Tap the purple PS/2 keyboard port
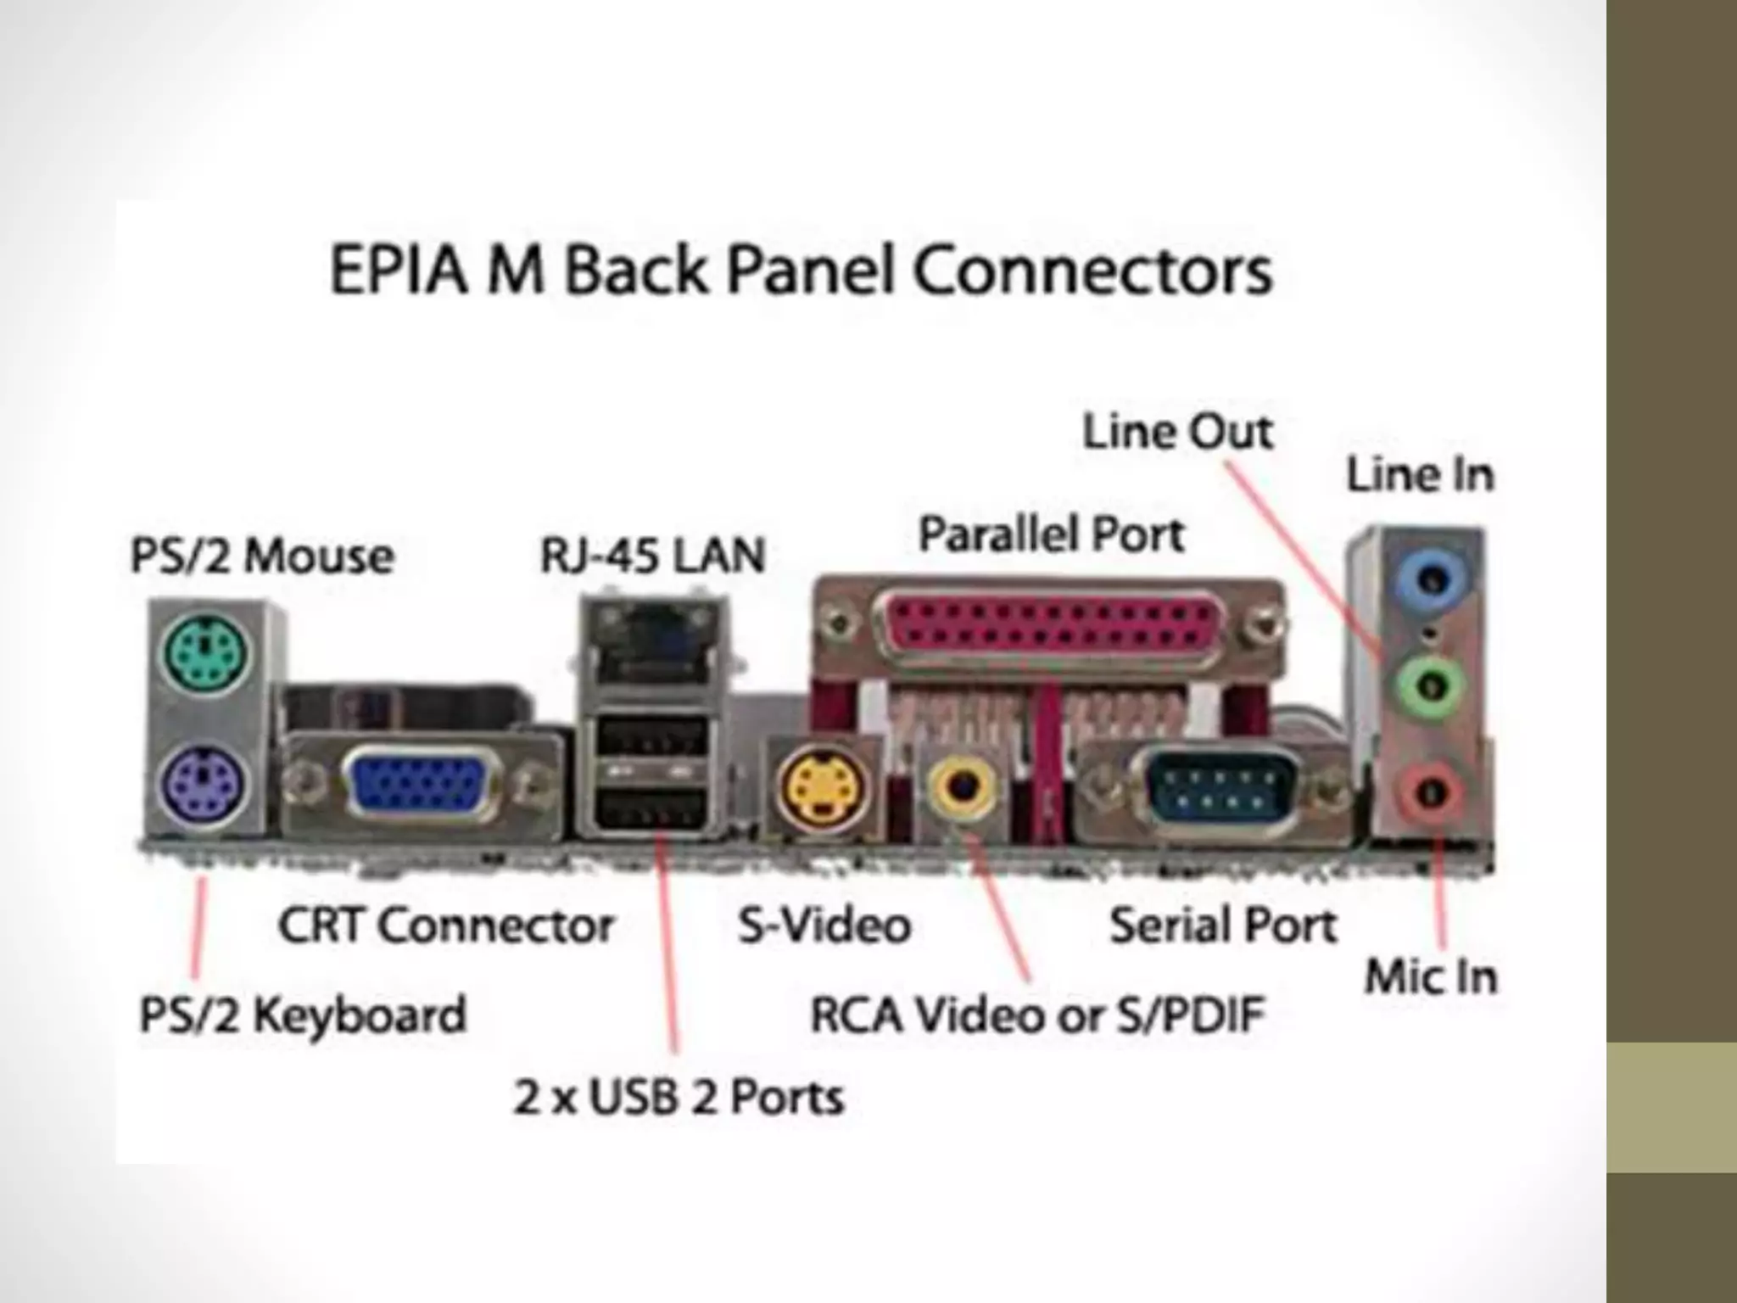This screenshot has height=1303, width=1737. click(x=204, y=785)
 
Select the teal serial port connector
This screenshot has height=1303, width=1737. click(x=1222, y=787)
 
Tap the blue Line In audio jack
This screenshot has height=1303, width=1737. click(x=1432, y=581)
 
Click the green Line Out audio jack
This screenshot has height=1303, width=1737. click(x=1430, y=684)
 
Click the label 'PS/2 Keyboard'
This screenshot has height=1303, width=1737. click(x=303, y=1015)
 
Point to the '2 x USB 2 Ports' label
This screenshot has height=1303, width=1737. click(x=679, y=1097)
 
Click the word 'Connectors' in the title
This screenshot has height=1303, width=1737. click(x=1094, y=271)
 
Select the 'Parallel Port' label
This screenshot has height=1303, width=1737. click(x=1051, y=534)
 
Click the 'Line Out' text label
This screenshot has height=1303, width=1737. click(x=1177, y=432)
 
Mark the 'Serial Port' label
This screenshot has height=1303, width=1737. click(x=1222, y=925)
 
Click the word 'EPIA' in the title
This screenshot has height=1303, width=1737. click(x=398, y=271)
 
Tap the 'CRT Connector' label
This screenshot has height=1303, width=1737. click(x=445, y=925)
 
